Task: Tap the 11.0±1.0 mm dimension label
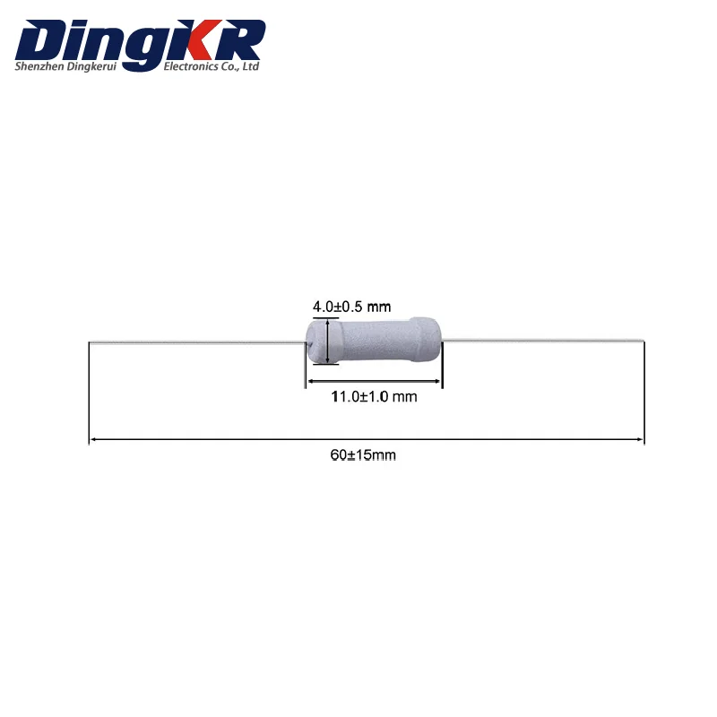click(375, 396)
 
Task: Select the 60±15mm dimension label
click(363, 455)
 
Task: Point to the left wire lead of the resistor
click(197, 341)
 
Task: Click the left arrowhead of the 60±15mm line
click(92, 439)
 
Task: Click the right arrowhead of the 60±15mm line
click(640, 439)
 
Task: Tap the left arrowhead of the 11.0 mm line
click(312, 381)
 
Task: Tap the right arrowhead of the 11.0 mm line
click(437, 381)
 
